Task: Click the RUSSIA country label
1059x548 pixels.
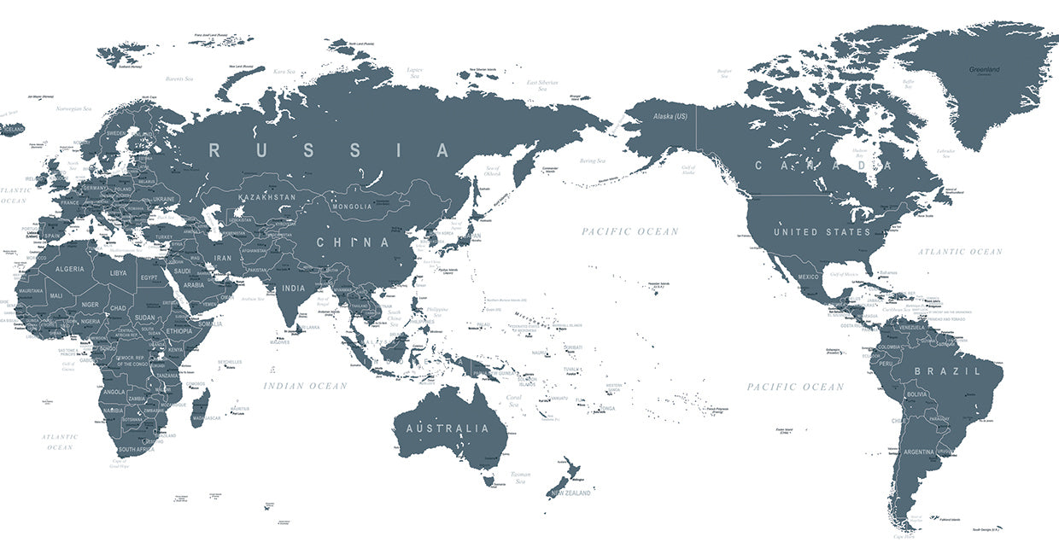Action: pyautogui.click(x=330, y=151)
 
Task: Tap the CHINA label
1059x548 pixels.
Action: pyautogui.click(x=353, y=242)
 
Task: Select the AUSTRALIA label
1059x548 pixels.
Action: pyautogui.click(x=448, y=428)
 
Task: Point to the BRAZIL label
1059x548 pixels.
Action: pyautogui.click(x=948, y=371)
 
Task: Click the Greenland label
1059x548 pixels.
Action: pyautogui.click(x=984, y=69)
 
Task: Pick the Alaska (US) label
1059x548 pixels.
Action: pyautogui.click(x=670, y=116)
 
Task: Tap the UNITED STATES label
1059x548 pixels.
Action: pyautogui.click(x=822, y=232)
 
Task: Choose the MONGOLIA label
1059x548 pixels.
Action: pyautogui.click(x=352, y=206)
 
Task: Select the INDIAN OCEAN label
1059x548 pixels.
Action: pyautogui.click(x=305, y=386)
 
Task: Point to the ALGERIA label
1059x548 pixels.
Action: pyautogui.click(x=70, y=269)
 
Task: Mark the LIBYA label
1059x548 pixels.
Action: pyautogui.click(x=118, y=273)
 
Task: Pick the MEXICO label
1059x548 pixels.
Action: pyautogui.click(x=808, y=277)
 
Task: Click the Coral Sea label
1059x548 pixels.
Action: pyautogui.click(x=514, y=399)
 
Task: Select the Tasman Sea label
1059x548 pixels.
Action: pyautogui.click(x=520, y=477)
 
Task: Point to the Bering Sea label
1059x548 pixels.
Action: pyautogui.click(x=593, y=160)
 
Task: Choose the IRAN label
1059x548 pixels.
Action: pyautogui.click(x=223, y=257)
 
